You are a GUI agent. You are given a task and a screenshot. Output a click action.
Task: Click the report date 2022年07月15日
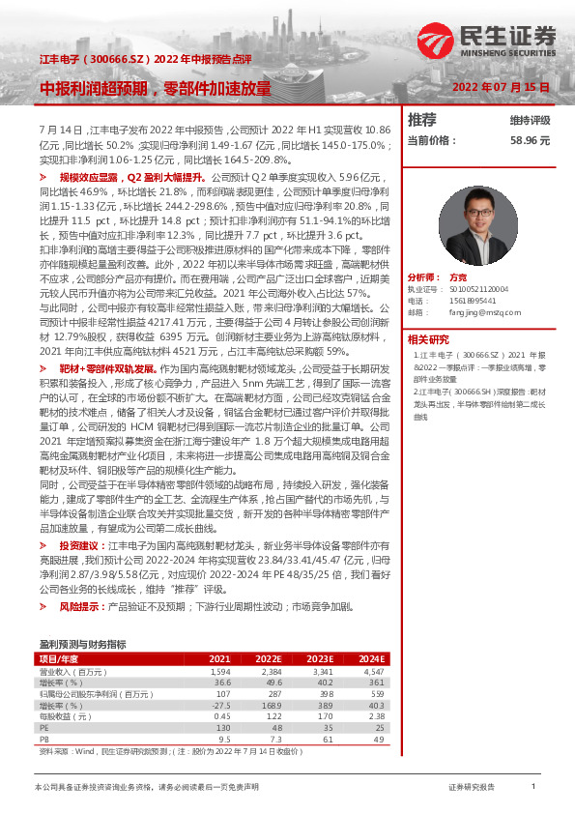click(502, 87)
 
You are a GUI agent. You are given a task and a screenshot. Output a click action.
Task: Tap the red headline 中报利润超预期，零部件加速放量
click(156, 87)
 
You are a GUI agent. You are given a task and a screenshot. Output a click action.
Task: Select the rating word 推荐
click(422, 120)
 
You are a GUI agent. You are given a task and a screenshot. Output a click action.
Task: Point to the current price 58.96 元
click(531, 140)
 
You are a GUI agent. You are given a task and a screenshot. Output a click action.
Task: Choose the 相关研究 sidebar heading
click(428, 339)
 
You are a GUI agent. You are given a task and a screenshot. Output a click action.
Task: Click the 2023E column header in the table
click(319, 658)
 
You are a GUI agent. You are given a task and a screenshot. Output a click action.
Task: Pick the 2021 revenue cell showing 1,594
click(219, 671)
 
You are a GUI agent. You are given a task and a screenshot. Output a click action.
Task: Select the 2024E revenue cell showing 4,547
click(371, 671)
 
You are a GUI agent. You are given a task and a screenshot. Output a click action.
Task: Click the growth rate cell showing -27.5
click(221, 706)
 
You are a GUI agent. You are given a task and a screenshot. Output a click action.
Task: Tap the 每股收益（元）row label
click(66, 716)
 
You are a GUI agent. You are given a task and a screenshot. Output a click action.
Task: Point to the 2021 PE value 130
click(222, 727)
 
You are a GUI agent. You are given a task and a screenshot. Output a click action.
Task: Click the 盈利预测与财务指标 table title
click(82, 643)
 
